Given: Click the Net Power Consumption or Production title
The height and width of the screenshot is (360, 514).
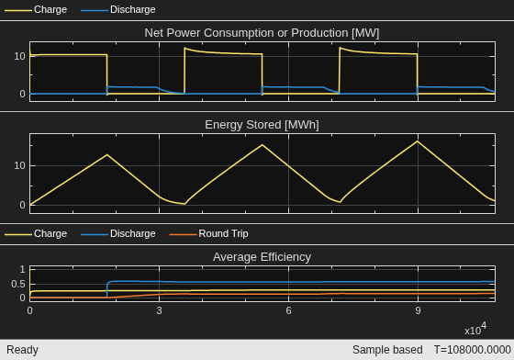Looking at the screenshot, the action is coord(262,33).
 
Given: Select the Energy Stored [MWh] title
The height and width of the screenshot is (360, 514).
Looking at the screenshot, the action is coord(262,125).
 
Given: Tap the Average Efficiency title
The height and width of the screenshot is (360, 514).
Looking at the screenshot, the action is coord(262,257).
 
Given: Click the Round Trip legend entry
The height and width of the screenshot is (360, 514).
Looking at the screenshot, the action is coord(209,234).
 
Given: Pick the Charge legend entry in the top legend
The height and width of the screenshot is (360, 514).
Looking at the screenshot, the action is coord(36,9).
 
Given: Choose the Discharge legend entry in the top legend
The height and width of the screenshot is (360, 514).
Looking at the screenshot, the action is coord(118,9).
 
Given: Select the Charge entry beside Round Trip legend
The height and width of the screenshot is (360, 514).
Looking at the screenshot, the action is coord(36,234).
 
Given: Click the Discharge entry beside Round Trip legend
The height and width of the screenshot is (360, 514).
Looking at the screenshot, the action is coord(118,234).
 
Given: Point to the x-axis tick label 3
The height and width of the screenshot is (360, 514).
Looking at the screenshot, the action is coord(159,310).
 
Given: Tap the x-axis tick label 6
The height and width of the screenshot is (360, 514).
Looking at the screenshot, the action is coord(288,310).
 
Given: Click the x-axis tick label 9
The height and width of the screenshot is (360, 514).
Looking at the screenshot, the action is coord(418,310).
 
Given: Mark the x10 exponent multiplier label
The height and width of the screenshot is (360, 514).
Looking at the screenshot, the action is coord(475,329).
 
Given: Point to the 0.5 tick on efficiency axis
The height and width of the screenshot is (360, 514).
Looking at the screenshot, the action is coord(18,284).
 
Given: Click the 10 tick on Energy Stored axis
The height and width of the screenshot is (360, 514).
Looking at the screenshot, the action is coord(19,165).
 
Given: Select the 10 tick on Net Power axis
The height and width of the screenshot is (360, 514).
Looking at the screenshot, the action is coord(19,56).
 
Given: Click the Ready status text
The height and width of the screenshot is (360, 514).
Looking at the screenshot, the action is coord(22,350).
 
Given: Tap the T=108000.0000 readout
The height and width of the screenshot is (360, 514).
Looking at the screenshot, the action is coord(473,350).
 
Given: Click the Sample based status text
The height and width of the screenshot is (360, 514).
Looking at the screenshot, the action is coord(387,350).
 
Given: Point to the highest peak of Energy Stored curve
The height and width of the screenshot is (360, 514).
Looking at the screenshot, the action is coord(418,141).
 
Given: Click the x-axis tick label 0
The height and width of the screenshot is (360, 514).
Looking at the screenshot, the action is coord(29,310).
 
